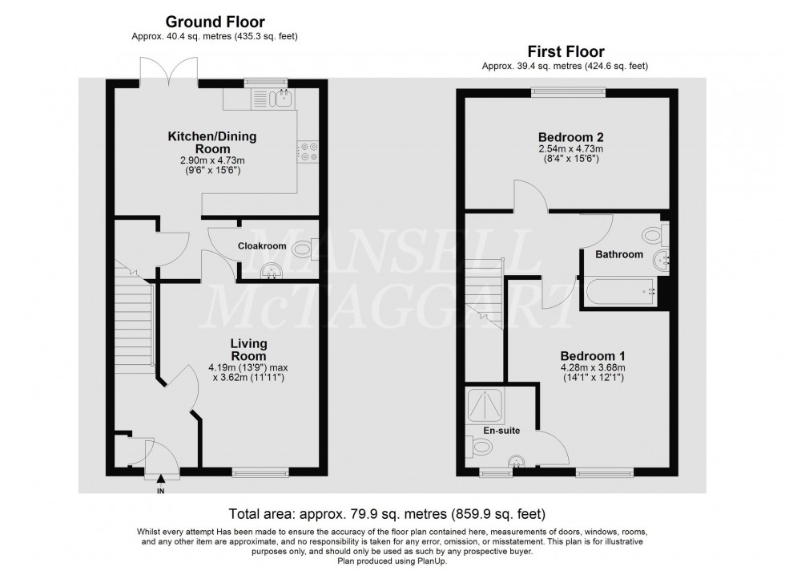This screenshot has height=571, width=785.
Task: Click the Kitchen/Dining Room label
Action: coord(211,143)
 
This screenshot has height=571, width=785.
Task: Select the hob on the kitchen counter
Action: coord(308,152)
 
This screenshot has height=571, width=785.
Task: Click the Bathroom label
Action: coord(618,254)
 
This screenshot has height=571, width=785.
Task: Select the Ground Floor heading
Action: coord(215,22)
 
